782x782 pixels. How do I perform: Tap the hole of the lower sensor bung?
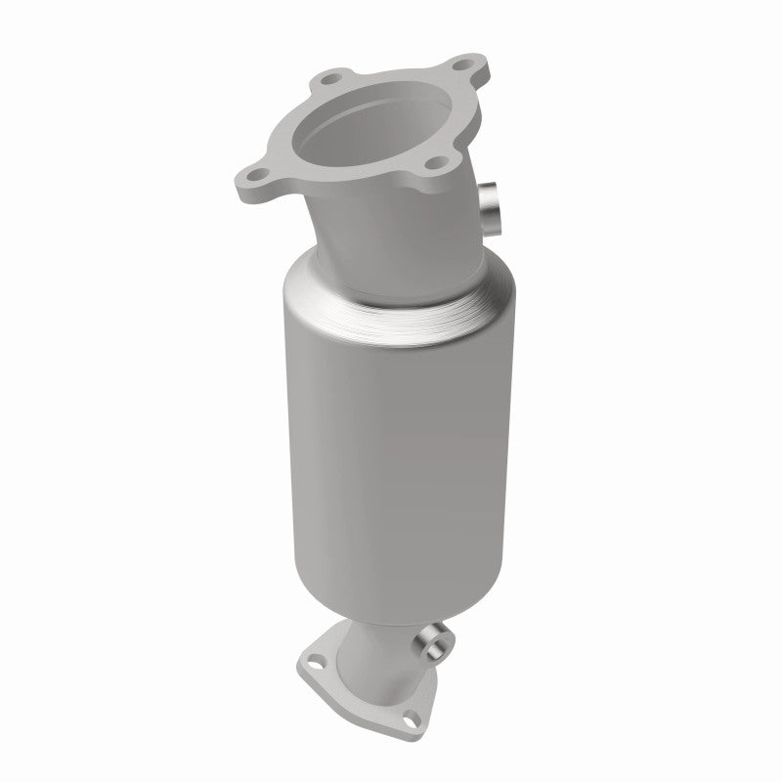427,643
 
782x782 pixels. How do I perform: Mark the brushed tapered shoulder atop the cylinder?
401,293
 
